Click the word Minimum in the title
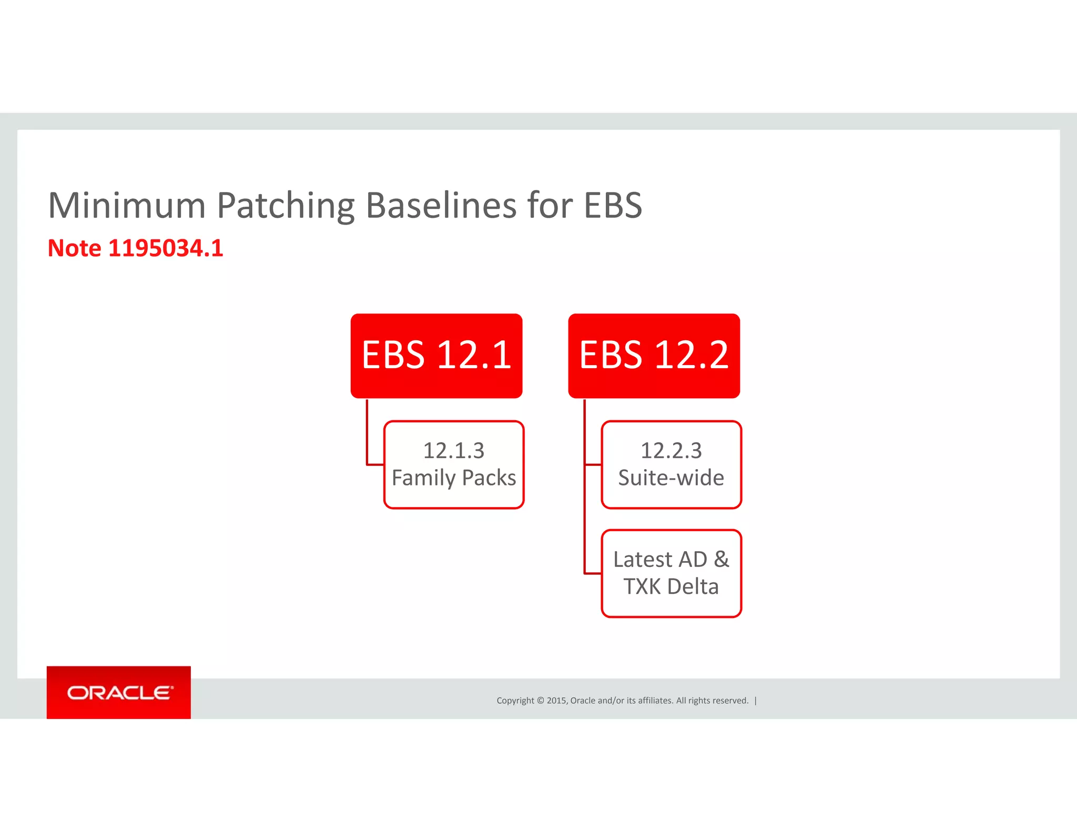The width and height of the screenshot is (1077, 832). pyautogui.click(x=127, y=205)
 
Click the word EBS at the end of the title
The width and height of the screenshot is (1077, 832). pyautogui.click(x=613, y=205)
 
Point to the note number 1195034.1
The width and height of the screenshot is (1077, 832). pyautogui.click(x=166, y=248)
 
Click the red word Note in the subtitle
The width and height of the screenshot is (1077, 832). pyautogui.click(x=74, y=248)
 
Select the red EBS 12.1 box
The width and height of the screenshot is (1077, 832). pyautogui.click(x=436, y=356)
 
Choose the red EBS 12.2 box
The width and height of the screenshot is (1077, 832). pyautogui.click(x=654, y=356)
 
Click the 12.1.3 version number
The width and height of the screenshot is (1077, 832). pyautogui.click(x=453, y=451)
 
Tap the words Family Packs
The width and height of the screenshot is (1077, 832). pyautogui.click(x=454, y=478)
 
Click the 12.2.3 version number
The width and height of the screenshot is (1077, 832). pyautogui.click(x=671, y=451)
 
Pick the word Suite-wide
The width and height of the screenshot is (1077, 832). pyautogui.click(x=671, y=478)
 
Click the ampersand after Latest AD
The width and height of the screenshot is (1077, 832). pyautogui.click(x=722, y=560)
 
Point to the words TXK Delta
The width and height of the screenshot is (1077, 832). pyautogui.click(x=671, y=587)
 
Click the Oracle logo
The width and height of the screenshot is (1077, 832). pyautogui.click(x=119, y=693)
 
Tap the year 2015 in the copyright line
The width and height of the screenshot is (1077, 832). pyautogui.click(x=556, y=701)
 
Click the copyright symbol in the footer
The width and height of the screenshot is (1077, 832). pyautogui.click(x=540, y=701)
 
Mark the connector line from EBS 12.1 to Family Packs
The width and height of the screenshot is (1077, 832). pyautogui.click(x=368, y=437)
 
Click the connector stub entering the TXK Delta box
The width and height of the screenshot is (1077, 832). pyautogui.click(x=593, y=573)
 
